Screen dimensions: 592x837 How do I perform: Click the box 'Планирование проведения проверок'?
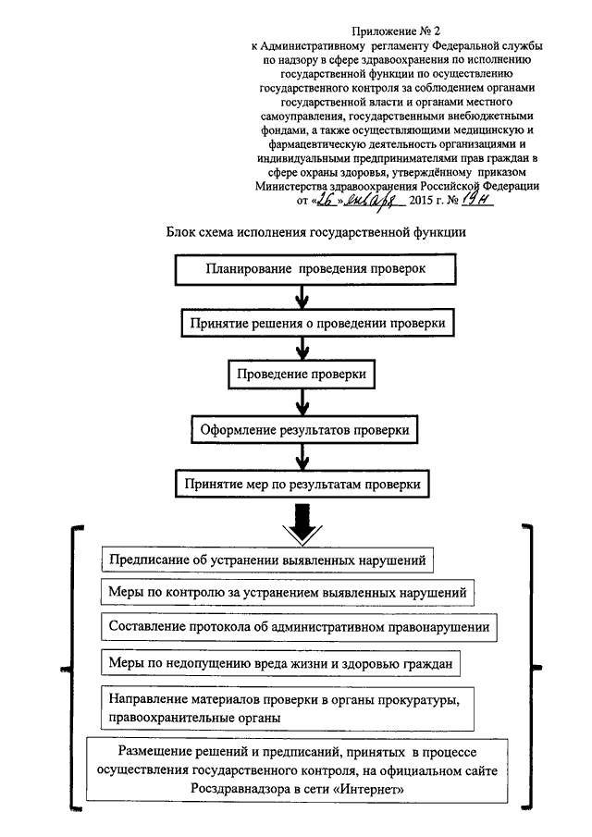click(x=315, y=269)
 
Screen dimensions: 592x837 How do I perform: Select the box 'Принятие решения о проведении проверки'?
click(x=317, y=323)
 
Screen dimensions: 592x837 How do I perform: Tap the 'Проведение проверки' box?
click(x=302, y=375)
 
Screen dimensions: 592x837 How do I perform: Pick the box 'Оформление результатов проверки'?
click(x=304, y=430)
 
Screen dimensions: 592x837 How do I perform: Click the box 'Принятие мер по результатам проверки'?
click(x=302, y=484)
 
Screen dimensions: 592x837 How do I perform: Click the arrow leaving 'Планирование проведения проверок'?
click(x=302, y=297)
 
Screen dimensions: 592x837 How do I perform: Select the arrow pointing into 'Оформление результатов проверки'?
click(x=302, y=402)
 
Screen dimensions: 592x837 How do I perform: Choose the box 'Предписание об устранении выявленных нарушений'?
click(x=267, y=560)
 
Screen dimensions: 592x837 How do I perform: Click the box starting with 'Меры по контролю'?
click(x=287, y=593)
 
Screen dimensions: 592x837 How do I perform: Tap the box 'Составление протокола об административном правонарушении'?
click(x=299, y=627)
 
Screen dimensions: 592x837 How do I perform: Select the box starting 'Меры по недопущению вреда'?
click(x=280, y=663)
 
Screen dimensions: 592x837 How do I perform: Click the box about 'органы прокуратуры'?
click(x=287, y=708)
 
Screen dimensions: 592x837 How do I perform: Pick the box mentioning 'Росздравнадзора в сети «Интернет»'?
click(x=297, y=769)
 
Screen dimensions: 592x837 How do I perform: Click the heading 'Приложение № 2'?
click(x=396, y=31)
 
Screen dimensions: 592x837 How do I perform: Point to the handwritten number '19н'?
click(x=476, y=199)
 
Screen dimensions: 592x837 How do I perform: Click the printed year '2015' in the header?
click(x=421, y=202)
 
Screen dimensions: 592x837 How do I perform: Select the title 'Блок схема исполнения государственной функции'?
click(x=316, y=233)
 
